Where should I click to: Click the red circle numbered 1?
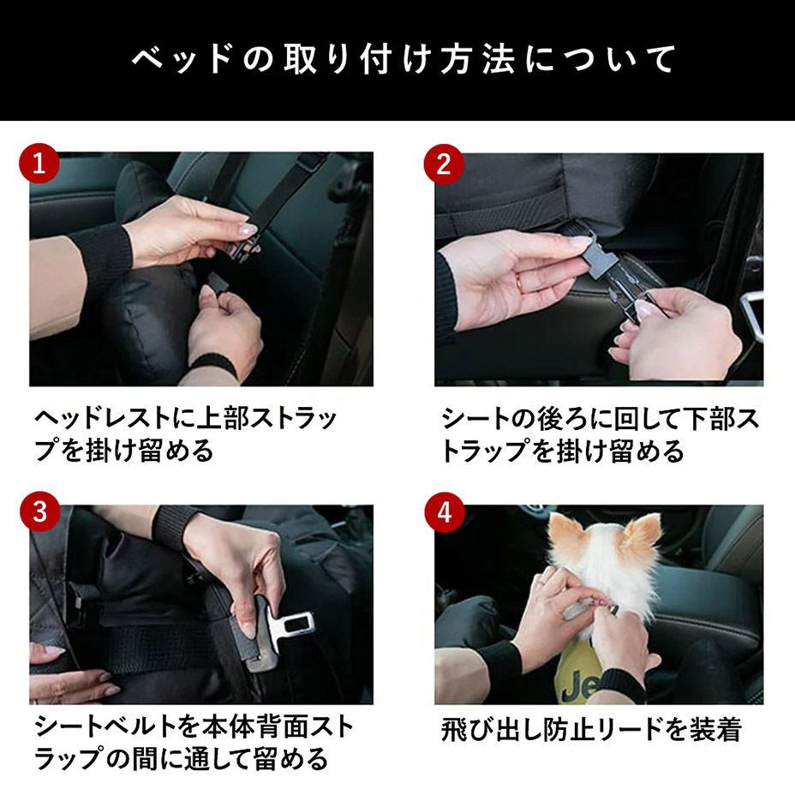[x=39, y=164]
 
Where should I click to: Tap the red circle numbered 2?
[x=444, y=164]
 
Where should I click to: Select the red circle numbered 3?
[x=40, y=511]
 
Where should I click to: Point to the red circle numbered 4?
[x=445, y=511]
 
